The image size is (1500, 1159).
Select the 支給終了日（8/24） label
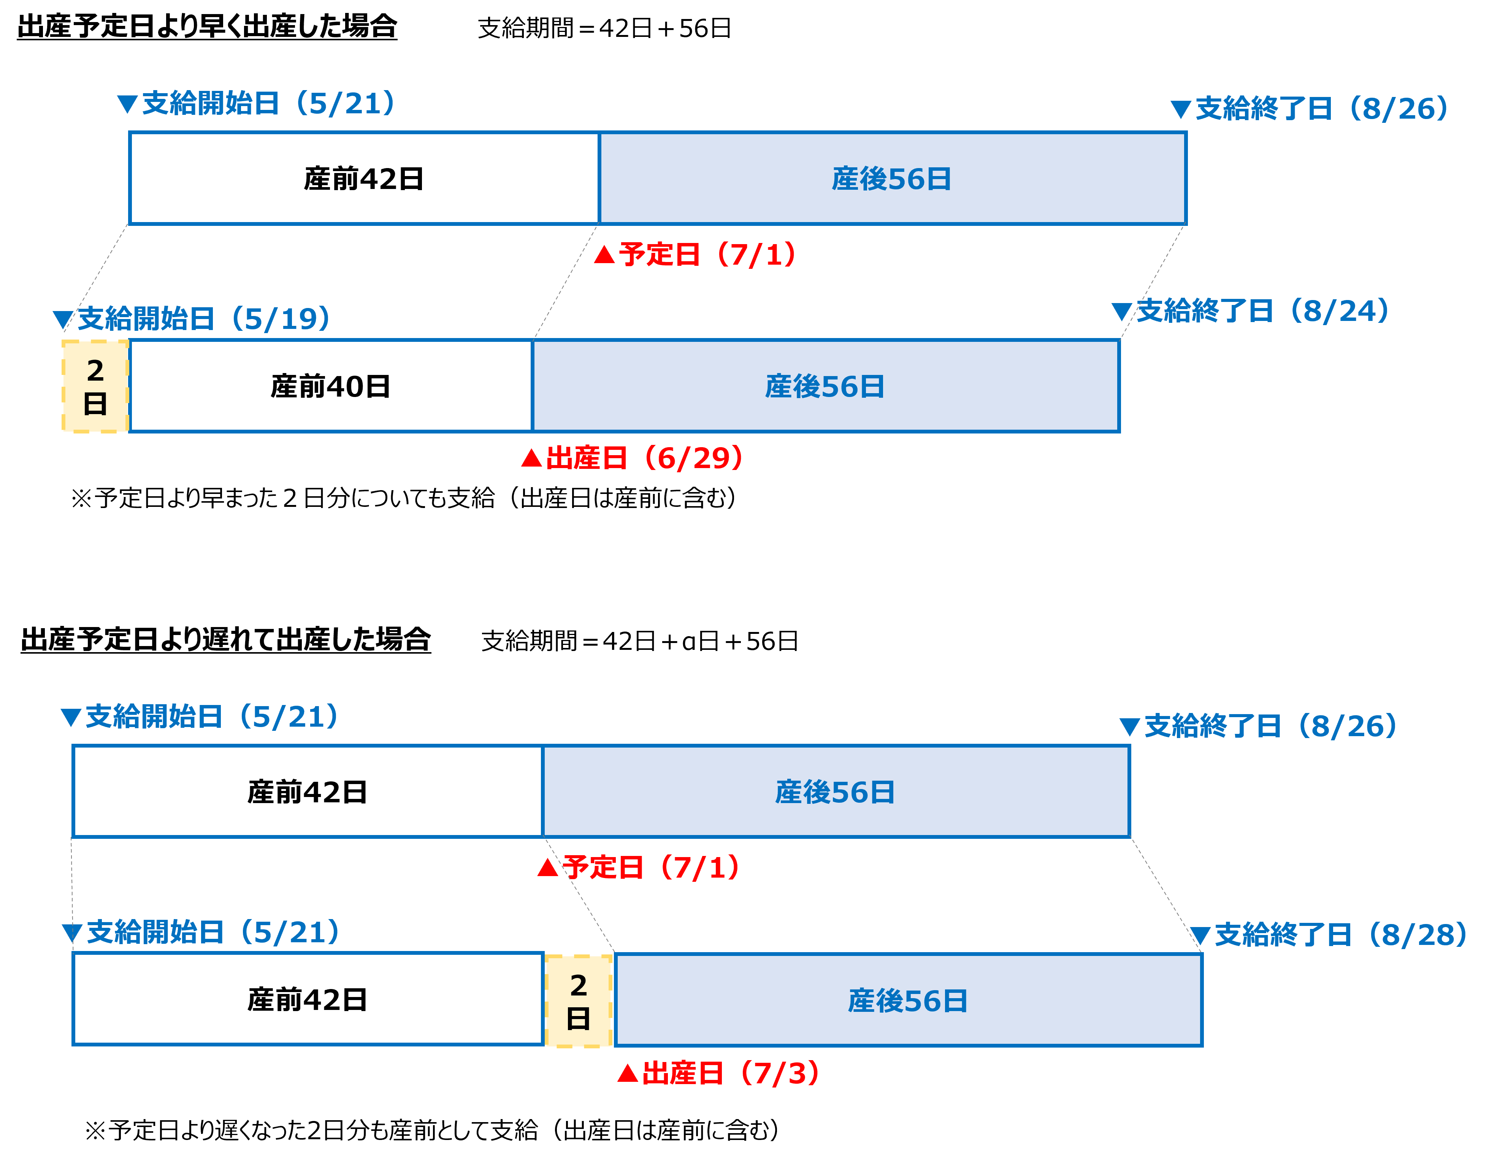pos(1262,311)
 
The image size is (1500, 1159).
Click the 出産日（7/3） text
pos(731,1073)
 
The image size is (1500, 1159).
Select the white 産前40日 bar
pos(330,386)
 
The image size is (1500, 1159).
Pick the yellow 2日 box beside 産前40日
pos(95,386)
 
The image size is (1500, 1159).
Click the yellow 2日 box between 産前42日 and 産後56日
pos(578,1001)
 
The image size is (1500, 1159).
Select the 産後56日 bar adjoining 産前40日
pos(826,386)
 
